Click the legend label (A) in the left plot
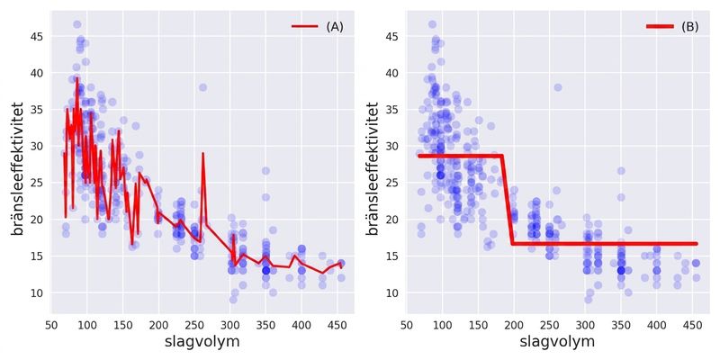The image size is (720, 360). click(335, 27)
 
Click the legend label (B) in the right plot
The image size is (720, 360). click(689, 27)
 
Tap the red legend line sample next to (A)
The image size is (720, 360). click(305, 27)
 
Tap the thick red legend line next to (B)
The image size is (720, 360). click(660, 27)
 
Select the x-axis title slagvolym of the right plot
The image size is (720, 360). click(557, 342)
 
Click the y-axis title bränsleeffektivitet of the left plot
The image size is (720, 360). click(17, 168)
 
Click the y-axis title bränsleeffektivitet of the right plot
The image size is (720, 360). click(373, 168)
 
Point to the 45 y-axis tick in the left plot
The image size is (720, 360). click(38, 36)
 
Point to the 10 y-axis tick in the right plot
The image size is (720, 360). click(393, 293)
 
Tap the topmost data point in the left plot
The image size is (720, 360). click(77, 24)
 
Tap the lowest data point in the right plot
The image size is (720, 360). click(589, 300)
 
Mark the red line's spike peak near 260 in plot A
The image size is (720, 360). click(202, 154)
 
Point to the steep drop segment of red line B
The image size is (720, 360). click(507, 200)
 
